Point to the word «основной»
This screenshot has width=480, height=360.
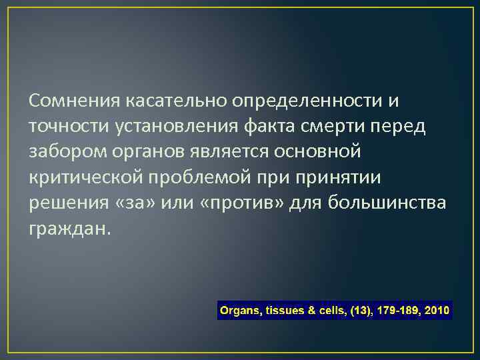tap(319, 153)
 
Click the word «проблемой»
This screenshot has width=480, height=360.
tap(200, 178)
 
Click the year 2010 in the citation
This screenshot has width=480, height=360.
tap(436, 311)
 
